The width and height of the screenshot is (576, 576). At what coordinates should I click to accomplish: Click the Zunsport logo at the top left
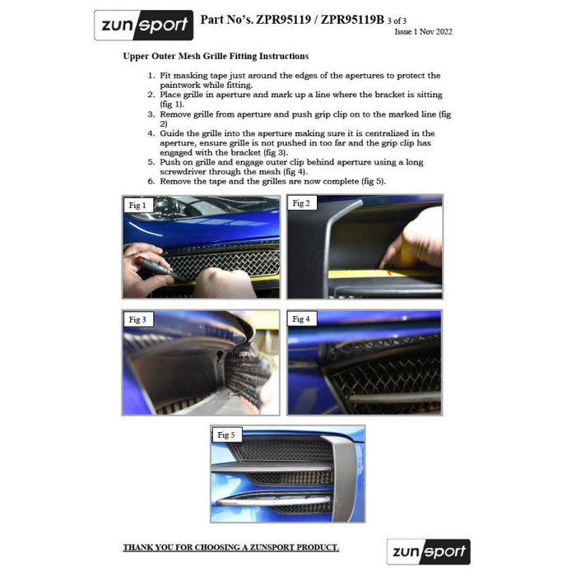click(144, 25)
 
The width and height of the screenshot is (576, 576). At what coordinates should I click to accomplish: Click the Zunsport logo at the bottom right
click(429, 551)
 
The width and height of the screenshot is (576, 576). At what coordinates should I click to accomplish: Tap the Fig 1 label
click(137, 206)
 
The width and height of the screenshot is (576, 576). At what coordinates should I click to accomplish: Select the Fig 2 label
click(301, 203)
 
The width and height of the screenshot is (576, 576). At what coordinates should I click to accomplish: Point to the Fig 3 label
click(137, 319)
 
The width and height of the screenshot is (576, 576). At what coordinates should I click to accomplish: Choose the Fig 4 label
click(301, 319)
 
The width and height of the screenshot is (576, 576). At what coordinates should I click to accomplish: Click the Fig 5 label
click(226, 435)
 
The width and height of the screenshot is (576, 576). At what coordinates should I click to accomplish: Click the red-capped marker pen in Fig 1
click(159, 268)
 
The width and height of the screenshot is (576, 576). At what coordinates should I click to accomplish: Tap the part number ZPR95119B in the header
click(352, 20)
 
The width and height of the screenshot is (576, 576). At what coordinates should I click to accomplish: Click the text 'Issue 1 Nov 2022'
click(423, 31)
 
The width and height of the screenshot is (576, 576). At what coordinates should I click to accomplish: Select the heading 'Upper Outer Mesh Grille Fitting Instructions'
click(216, 56)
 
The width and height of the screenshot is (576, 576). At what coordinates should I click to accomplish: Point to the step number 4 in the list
click(151, 133)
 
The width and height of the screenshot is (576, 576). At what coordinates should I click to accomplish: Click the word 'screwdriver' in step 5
click(183, 171)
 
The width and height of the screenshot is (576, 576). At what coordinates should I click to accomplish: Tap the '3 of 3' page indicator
click(397, 21)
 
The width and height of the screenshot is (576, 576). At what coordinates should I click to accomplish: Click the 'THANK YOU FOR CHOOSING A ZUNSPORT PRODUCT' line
click(231, 547)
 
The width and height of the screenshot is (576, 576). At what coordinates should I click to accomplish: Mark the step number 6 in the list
click(151, 181)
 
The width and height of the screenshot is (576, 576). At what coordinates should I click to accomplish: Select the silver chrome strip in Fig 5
click(275, 500)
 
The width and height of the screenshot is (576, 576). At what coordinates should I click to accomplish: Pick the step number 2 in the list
click(151, 95)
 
